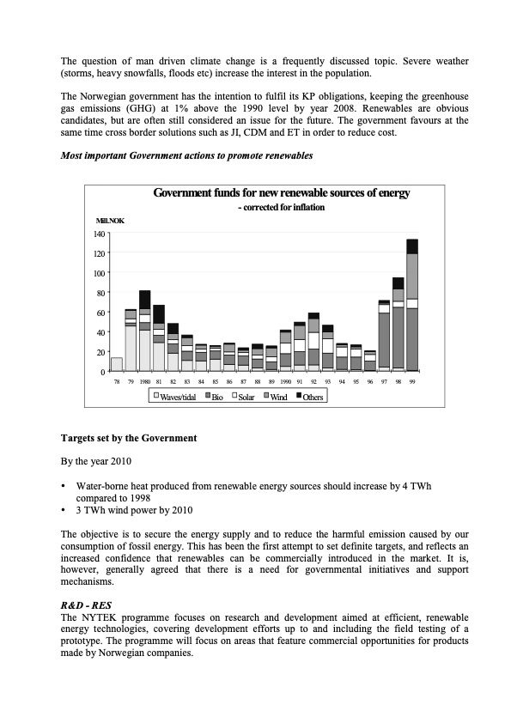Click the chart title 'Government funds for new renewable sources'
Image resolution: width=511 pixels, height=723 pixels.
tap(281, 193)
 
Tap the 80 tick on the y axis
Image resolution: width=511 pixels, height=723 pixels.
tap(100, 293)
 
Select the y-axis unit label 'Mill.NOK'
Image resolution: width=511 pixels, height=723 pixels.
tap(109, 221)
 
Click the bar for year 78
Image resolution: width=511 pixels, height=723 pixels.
tap(117, 364)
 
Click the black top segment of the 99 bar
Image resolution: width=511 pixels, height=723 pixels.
tap(412, 246)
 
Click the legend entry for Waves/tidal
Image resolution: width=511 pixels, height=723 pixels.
tap(175, 397)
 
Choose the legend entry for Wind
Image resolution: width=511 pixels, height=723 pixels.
tap(274, 397)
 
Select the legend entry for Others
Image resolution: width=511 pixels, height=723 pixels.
tap(307, 397)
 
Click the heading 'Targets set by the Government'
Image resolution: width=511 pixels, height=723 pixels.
tap(129, 438)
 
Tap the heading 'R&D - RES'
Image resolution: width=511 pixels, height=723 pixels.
tap(86, 605)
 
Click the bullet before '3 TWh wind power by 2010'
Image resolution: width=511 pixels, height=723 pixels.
tap(64, 509)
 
